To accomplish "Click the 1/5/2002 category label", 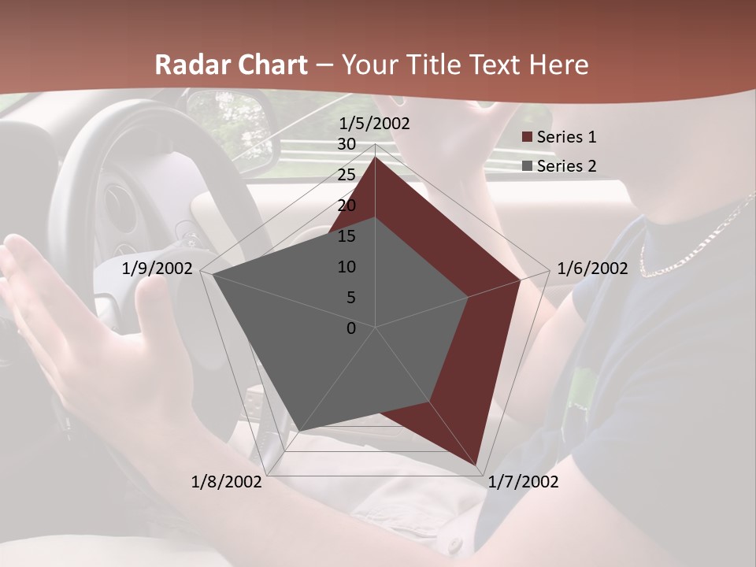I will tap(374, 124).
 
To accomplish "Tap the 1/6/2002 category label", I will tap(592, 269).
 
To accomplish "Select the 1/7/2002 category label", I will tap(523, 482).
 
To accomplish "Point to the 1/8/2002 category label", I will tap(227, 482).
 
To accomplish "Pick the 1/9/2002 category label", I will tap(157, 269).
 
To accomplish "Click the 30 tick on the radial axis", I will tap(346, 144).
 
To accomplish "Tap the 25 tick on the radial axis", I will tap(346, 175).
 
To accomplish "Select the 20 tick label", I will tap(346, 206).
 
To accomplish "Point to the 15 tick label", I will tap(346, 236).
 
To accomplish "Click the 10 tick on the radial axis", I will tap(346, 267).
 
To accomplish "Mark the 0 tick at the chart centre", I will tap(351, 328).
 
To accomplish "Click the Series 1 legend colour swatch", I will tap(527, 138).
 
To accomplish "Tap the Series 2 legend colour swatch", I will tap(527, 166).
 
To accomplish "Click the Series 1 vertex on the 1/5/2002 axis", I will tap(376, 157).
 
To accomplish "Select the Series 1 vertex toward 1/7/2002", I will tap(476, 464).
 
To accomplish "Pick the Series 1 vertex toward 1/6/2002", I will tap(521, 280).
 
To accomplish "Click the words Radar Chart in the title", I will tap(231, 65).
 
